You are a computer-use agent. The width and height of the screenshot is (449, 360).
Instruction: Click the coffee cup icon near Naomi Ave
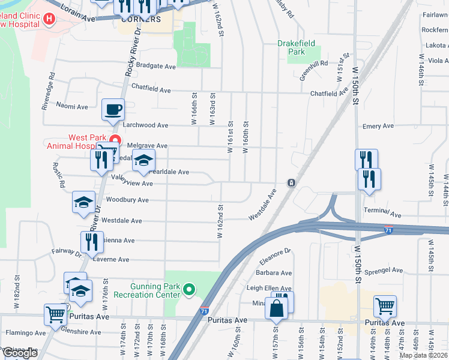[113, 109]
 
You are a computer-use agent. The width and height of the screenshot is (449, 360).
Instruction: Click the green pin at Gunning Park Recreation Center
[189, 290]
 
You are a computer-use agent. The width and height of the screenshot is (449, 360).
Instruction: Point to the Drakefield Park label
[299, 47]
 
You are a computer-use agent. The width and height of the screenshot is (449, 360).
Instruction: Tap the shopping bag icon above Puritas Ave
[276, 310]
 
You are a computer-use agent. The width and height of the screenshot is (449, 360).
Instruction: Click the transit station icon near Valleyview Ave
[291, 182]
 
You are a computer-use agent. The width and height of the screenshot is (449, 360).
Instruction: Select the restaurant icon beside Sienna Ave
[92, 242]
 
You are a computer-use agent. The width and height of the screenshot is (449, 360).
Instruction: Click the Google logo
[19, 353]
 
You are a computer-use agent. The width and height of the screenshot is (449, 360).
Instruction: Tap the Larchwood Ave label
[145, 125]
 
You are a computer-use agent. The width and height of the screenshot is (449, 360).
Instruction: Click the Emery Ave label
[378, 126]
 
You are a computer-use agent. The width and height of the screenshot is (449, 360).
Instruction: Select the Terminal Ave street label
[382, 214]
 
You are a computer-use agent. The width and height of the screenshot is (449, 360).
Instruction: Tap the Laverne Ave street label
[110, 260]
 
